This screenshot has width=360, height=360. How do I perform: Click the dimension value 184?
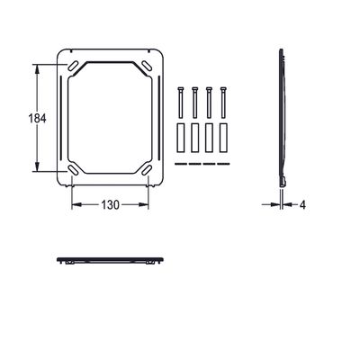37,118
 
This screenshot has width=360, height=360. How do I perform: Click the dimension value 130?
110,205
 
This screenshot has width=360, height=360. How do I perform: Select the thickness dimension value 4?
302,205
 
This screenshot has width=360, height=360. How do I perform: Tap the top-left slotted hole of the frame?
73,66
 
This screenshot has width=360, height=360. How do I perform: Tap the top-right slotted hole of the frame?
147,66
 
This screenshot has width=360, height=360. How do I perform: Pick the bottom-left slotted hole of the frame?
73,169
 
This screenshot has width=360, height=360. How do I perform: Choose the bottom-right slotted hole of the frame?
147,169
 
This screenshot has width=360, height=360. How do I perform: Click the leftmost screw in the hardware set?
180,103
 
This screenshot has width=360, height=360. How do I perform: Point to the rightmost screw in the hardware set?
223,103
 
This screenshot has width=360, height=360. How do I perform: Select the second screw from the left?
194,103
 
